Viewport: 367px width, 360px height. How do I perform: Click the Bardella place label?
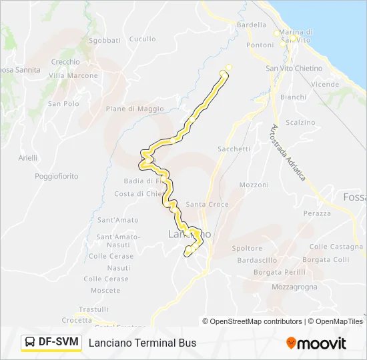pyautogui.click(x=252, y=25)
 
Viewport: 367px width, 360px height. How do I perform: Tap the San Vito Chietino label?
pyautogui.click(x=294, y=69)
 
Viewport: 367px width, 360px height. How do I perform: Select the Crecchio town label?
pyautogui.click(x=65, y=62)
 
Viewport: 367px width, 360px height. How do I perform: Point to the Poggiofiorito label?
pyautogui.click(x=57, y=176)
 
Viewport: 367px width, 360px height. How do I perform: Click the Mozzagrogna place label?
pyautogui.click(x=294, y=287)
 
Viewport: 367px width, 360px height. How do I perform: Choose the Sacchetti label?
pyautogui.click(x=234, y=149)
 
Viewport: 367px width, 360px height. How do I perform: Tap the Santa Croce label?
pyautogui.click(x=207, y=205)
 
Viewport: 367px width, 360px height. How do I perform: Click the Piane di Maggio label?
pyautogui.click(x=134, y=109)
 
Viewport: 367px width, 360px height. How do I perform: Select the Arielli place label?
pyautogui.click(x=28, y=157)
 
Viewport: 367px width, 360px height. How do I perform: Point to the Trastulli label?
pyautogui.click(x=93, y=309)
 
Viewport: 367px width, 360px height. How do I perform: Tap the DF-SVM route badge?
pyautogui.click(x=51, y=343)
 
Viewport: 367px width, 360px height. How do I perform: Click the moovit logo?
pyautogui.click(x=316, y=343)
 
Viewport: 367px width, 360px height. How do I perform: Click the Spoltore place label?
pyautogui.click(x=246, y=248)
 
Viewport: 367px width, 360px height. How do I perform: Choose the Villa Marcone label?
pyautogui.click(x=73, y=75)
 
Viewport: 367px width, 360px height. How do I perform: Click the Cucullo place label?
pyautogui.click(x=142, y=39)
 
